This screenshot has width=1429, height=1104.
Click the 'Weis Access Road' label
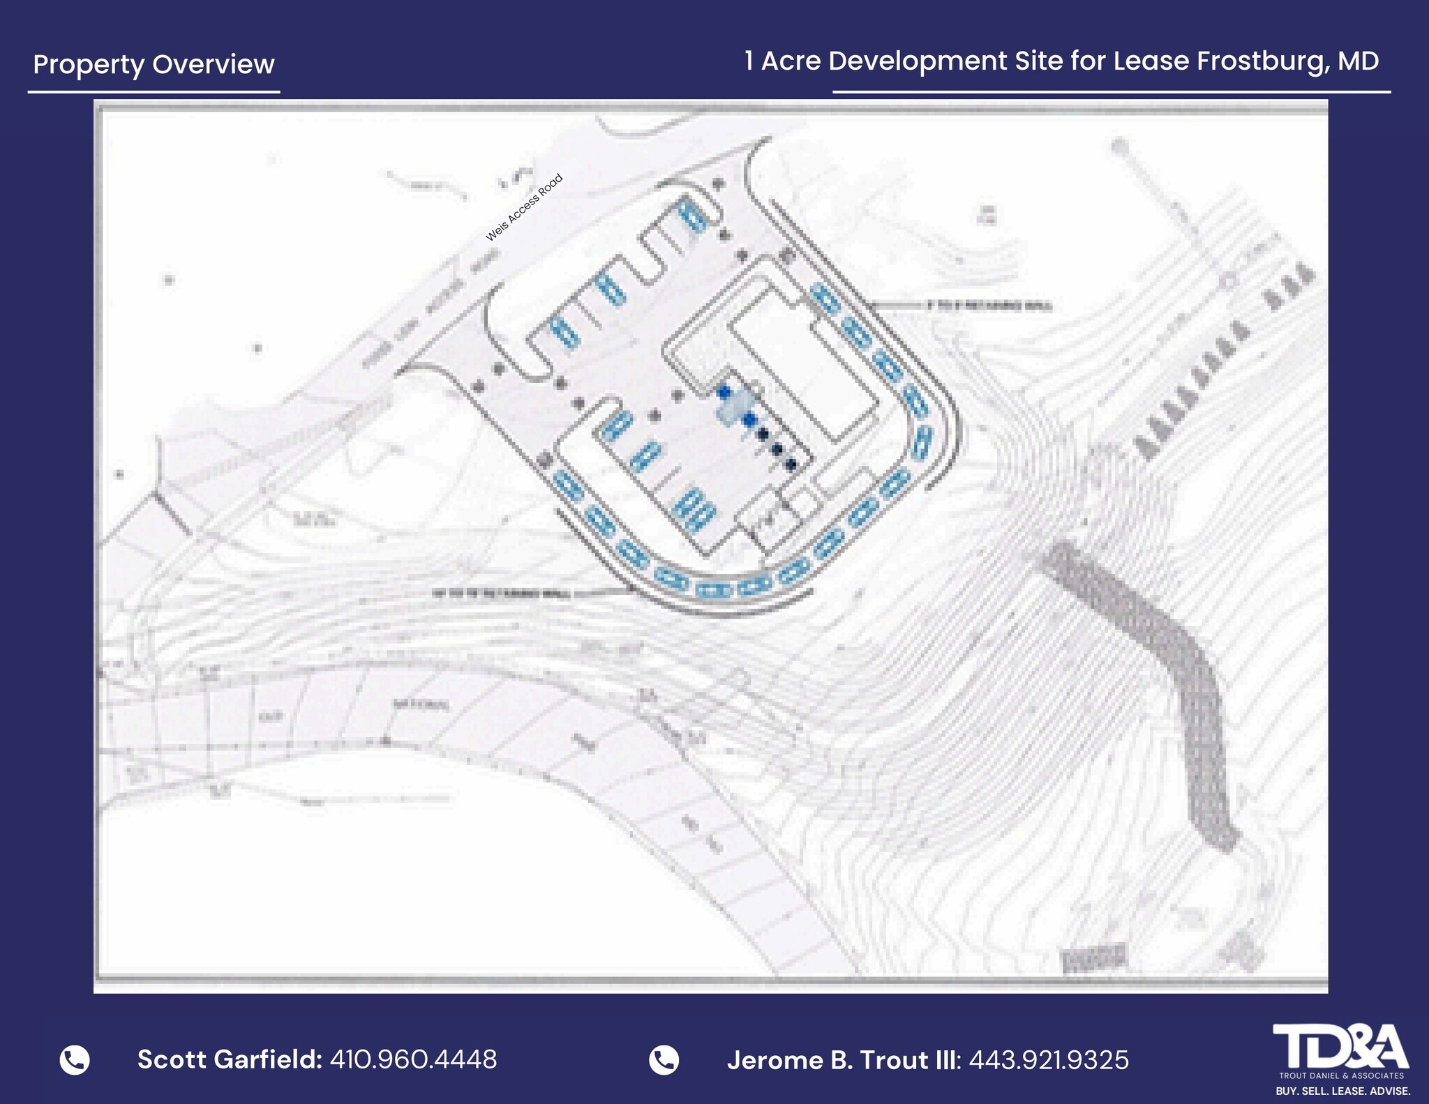(x=524, y=209)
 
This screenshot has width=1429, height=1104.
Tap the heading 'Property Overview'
(x=154, y=64)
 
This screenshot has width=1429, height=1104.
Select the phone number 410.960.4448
(x=413, y=1059)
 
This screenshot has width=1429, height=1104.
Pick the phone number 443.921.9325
(x=1048, y=1060)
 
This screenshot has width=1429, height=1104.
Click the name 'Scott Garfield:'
(x=230, y=1059)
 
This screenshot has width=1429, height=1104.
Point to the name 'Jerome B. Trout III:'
(x=844, y=1060)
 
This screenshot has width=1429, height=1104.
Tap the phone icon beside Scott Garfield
(x=75, y=1059)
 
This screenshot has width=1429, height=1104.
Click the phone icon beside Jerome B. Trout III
(x=664, y=1060)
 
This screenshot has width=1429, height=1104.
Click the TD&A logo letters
(x=1340, y=1046)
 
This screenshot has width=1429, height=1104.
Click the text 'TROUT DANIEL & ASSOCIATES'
(x=1341, y=1075)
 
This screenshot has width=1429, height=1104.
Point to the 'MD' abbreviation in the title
(x=1359, y=61)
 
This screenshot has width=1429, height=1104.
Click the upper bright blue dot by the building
(x=724, y=392)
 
